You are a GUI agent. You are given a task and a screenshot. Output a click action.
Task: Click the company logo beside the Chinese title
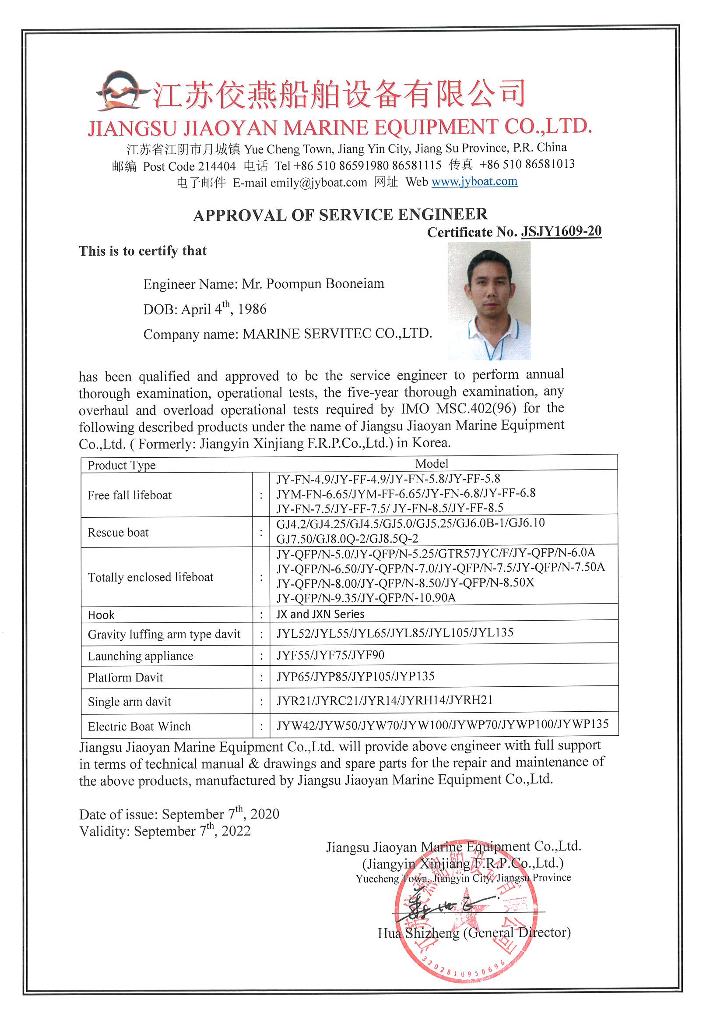coord(121,91)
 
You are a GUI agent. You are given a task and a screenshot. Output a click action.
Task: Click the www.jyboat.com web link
coord(474,182)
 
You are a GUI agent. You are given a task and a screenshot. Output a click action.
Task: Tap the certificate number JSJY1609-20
coord(561,231)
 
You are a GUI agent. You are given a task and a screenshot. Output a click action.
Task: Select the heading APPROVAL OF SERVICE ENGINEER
coord(340,215)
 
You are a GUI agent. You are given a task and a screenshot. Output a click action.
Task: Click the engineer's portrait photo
coord(489,300)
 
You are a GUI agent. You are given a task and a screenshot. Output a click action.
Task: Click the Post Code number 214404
coord(217,166)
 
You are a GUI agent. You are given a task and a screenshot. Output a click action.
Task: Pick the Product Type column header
coord(121,465)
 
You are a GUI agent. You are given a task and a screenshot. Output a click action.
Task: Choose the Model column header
coord(432,463)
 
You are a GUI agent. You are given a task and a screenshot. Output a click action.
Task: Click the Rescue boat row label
coord(118,533)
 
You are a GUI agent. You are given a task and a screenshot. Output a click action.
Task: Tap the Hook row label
coord(101,615)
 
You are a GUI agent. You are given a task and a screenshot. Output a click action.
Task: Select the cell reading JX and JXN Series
coord(320,614)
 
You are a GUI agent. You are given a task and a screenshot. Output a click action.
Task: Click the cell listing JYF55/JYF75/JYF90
coord(330,655)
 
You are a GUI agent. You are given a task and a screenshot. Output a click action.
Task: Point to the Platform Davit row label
coord(125,678)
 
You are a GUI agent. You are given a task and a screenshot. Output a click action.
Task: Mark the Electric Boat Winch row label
coord(139,727)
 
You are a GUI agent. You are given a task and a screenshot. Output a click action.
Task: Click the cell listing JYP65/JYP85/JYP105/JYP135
coord(355,677)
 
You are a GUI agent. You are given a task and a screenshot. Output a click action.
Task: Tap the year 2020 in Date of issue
coord(264,814)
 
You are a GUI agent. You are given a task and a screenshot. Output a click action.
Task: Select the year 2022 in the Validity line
coord(236,831)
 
